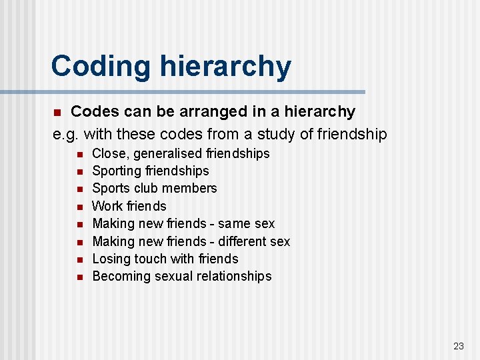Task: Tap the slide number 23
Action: [x=458, y=345]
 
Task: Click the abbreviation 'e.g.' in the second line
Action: [x=67, y=134]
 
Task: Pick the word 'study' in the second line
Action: [x=276, y=134]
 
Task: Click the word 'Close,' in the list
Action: [x=111, y=153]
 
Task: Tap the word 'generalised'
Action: [x=167, y=153]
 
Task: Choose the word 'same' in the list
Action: [x=235, y=223]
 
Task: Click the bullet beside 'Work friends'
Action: [x=79, y=207]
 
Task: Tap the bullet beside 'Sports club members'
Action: [x=79, y=189]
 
